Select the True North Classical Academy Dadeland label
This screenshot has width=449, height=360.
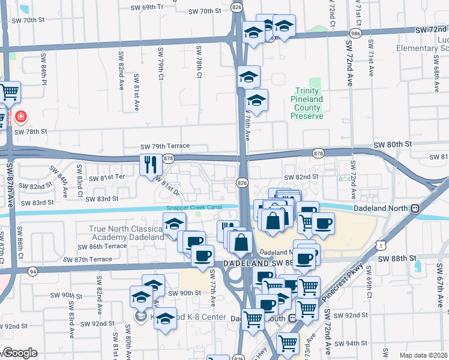coord(126,233)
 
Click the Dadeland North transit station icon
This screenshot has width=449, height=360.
coord(415,208)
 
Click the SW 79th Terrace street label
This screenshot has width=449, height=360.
coord(164,146)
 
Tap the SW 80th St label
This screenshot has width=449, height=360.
coord(393,145)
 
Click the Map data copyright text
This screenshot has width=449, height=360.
coord(423,355)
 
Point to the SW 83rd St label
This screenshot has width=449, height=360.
coord(102,198)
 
